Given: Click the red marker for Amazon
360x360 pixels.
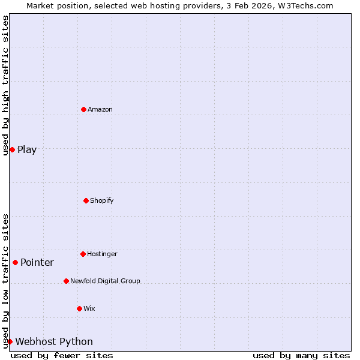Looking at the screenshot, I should (x=83, y=109).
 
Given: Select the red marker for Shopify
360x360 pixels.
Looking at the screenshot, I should (x=86, y=200).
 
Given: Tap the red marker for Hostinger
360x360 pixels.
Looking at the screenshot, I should (x=83, y=254).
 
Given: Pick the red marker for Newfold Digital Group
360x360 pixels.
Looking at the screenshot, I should (x=66, y=281).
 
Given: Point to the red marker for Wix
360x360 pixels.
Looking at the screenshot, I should (x=79, y=308).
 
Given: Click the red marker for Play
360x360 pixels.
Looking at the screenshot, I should (x=12, y=149).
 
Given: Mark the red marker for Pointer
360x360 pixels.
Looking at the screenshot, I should (x=15, y=262).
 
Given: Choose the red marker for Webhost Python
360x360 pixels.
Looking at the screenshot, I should (x=10, y=341).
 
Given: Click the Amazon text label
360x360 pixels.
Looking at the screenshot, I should (x=100, y=109).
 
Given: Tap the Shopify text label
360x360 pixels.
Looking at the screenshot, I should (x=102, y=200).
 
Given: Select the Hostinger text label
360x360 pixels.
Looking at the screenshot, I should (x=102, y=254).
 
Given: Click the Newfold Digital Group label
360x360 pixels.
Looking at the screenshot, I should (x=105, y=281).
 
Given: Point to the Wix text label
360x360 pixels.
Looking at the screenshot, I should (x=89, y=308).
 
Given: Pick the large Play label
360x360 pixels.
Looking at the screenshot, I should (x=27, y=150).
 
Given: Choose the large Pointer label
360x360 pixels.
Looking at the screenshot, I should (x=37, y=263).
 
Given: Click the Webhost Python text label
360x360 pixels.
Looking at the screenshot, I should (x=54, y=342).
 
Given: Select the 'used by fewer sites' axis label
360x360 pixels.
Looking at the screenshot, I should (x=62, y=355).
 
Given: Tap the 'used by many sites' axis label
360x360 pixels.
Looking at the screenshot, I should (x=301, y=355).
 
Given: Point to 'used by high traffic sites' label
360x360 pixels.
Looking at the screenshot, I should (x=5, y=85).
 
